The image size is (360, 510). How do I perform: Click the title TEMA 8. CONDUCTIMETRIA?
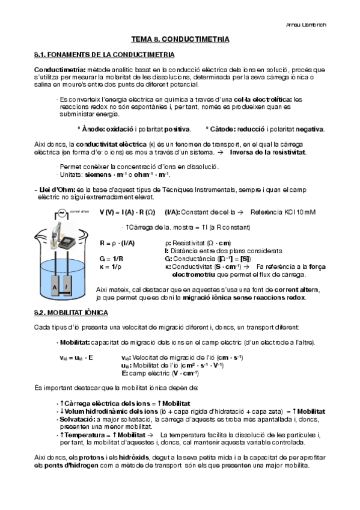(180, 39)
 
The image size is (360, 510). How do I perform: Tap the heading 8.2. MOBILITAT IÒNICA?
(71, 313)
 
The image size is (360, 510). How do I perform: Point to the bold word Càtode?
(220, 129)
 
